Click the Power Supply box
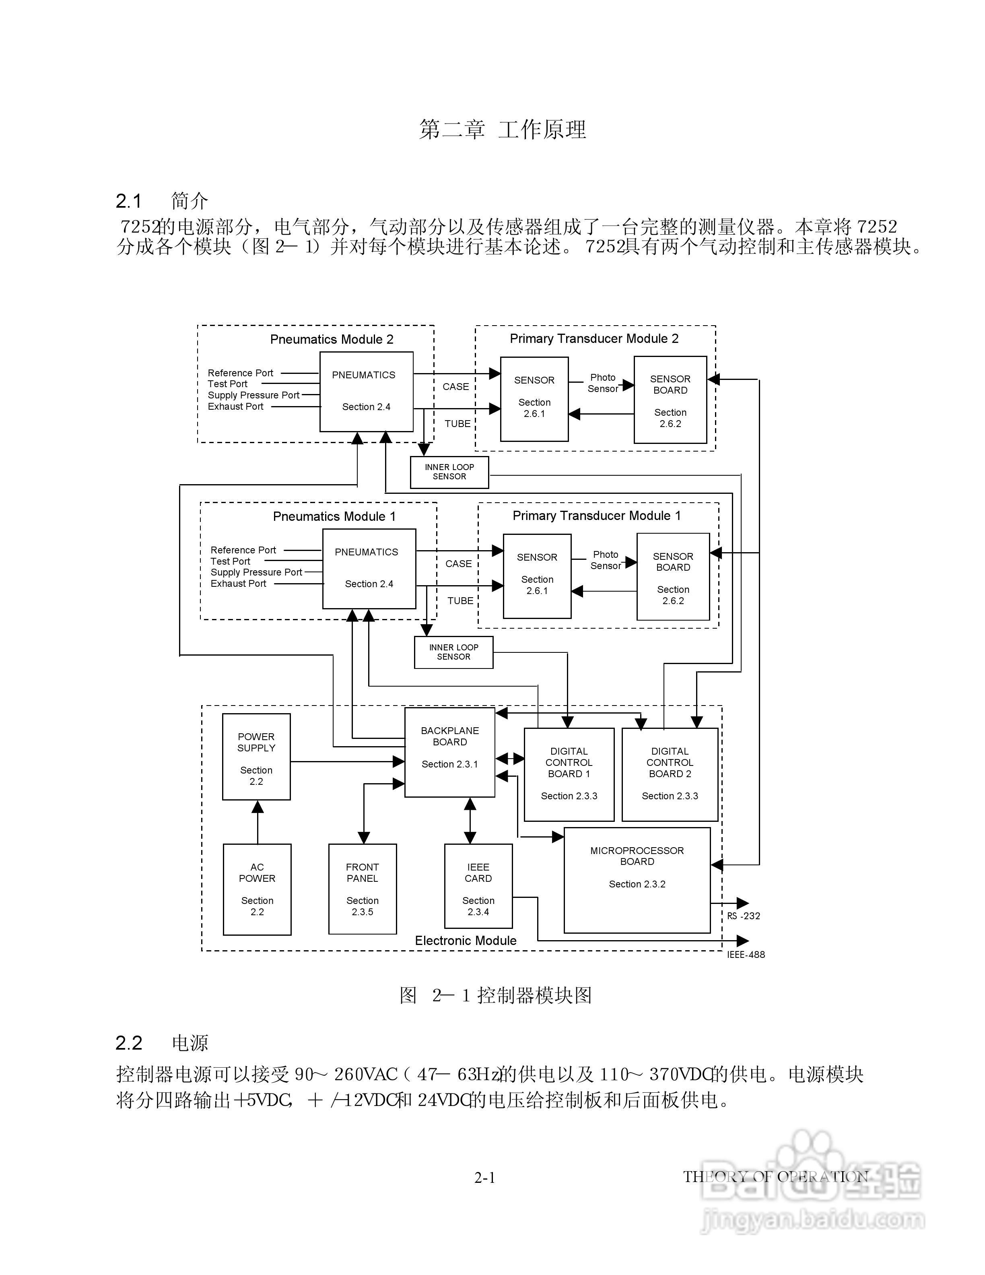256,757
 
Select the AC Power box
257,889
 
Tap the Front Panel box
363,889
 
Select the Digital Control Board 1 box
569,774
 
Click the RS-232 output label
744,916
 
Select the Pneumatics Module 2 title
332,339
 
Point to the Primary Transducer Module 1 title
596,516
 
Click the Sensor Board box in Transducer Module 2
670,400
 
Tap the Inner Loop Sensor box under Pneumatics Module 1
453,652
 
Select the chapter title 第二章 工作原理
503,129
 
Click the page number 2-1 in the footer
484,1178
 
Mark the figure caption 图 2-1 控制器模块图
495,995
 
